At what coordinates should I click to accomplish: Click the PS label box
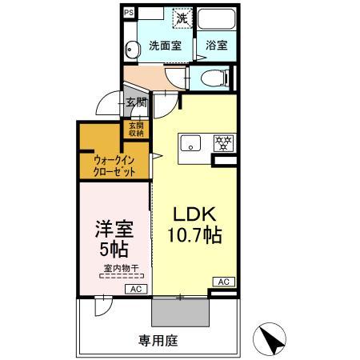(x=130, y=12)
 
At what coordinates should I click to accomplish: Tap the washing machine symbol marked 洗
(x=182, y=17)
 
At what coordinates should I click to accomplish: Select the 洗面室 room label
(x=163, y=46)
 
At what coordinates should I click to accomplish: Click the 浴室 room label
(x=216, y=46)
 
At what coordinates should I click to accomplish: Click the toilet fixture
(x=211, y=78)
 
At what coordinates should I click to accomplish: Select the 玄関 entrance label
(x=135, y=102)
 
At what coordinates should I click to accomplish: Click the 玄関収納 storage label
(x=136, y=129)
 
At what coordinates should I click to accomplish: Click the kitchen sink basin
(x=191, y=144)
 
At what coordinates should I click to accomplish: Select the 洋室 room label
(x=114, y=226)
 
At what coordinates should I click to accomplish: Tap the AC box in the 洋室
(x=136, y=289)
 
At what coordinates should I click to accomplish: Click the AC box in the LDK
(x=223, y=282)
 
